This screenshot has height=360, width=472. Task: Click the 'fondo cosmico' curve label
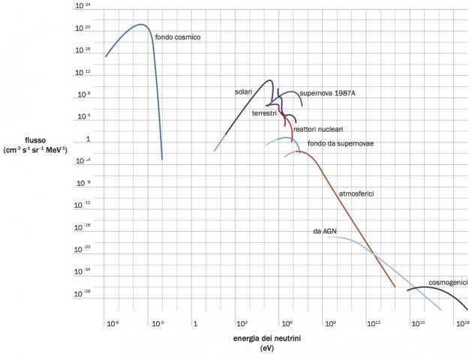(178, 37)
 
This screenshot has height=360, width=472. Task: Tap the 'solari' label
(242, 91)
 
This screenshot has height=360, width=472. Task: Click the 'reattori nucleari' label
(319, 129)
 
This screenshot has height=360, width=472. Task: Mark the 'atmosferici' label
(356, 193)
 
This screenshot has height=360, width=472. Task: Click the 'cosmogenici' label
(448, 282)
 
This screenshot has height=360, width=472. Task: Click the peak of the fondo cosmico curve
(140, 25)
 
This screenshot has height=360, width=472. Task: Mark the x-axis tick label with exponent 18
(462, 323)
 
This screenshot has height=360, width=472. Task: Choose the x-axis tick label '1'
(195, 324)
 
